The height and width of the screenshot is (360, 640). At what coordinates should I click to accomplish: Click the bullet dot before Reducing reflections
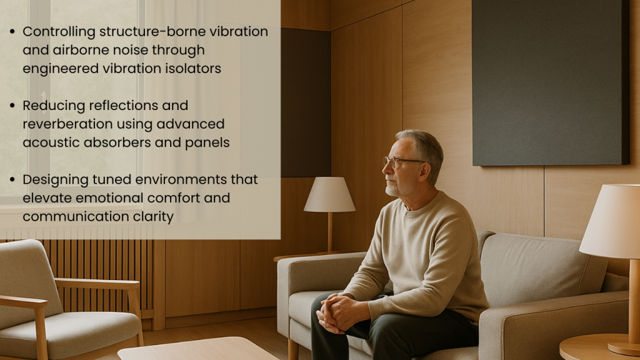[x=12, y=106]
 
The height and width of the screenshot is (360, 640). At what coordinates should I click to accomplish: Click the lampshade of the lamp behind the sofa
[x=329, y=194]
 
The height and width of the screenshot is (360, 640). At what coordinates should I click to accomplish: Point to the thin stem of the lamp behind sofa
[x=330, y=232]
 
